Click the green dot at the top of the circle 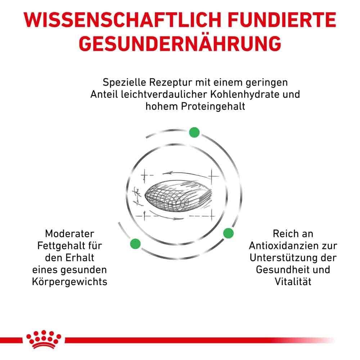pos(194,132)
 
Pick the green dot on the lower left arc pos(135,243)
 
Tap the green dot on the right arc pos(228,233)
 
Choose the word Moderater pos(70,234)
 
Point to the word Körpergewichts pos(70,281)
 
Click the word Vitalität pos(293,281)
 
